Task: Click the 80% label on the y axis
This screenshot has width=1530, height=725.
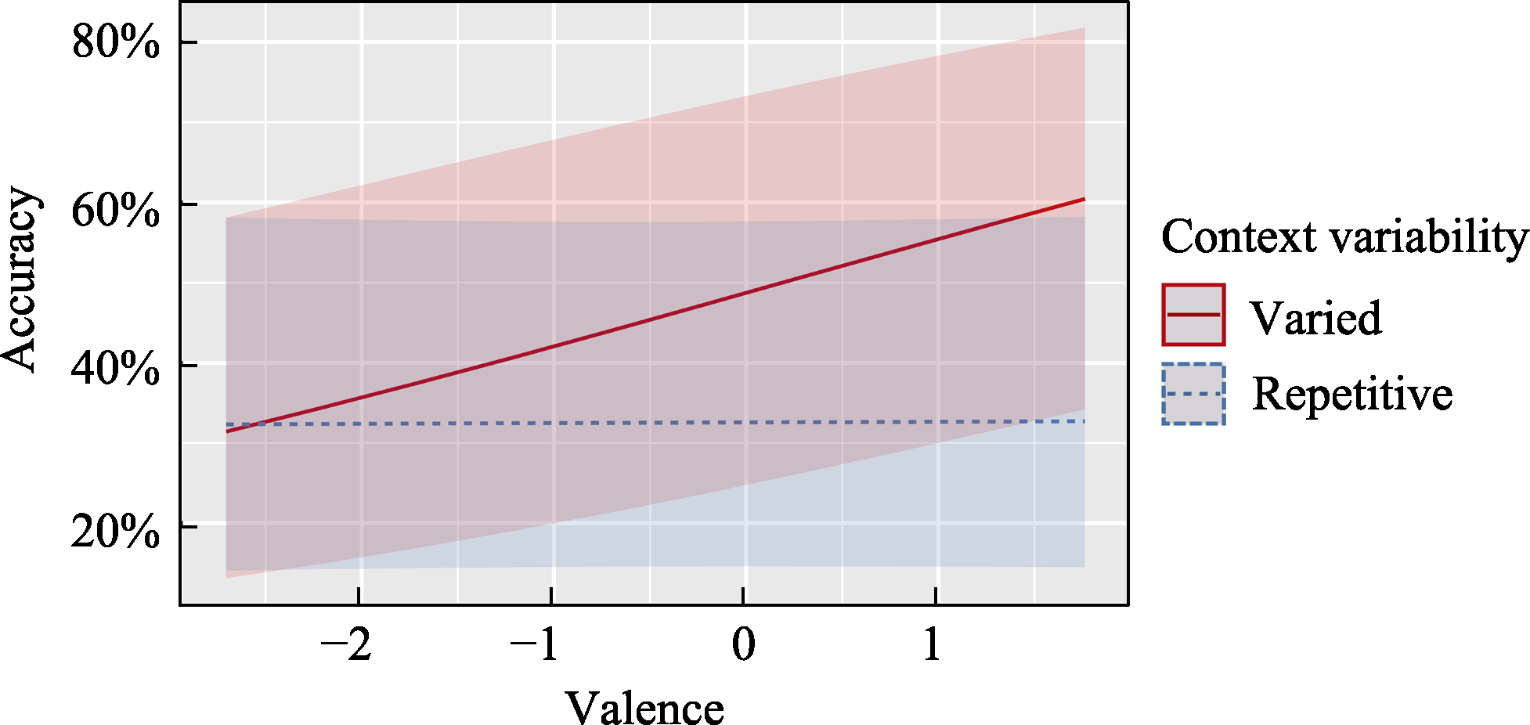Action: click(x=115, y=42)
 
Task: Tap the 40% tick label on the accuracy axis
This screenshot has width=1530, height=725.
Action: click(x=115, y=367)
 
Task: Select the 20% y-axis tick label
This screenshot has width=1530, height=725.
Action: click(x=115, y=532)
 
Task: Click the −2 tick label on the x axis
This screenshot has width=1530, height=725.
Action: click(x=347, y=645)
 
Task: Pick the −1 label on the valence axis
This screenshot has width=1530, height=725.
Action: click(x=536, y=645)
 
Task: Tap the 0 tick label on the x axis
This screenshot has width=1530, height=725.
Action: click(x=744, y=645)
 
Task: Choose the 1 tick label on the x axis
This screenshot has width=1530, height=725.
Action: click(x=932, y=645)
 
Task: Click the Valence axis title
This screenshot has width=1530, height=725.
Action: click(x=644, y=708)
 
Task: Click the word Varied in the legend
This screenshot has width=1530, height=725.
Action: click(x=1315, y=318)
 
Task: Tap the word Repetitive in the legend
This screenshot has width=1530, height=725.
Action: click(x=1352, y=393)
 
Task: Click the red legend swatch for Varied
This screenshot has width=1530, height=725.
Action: click(x=1193, y=315)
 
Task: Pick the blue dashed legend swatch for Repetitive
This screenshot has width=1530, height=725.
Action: click(x=1193, y=394)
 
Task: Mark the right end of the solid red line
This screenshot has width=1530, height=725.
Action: click(x=1084, y=199)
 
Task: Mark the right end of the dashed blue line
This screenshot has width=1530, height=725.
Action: click(x=1084, y=421)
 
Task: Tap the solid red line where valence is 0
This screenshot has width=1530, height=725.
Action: click(x=744, y=293)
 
